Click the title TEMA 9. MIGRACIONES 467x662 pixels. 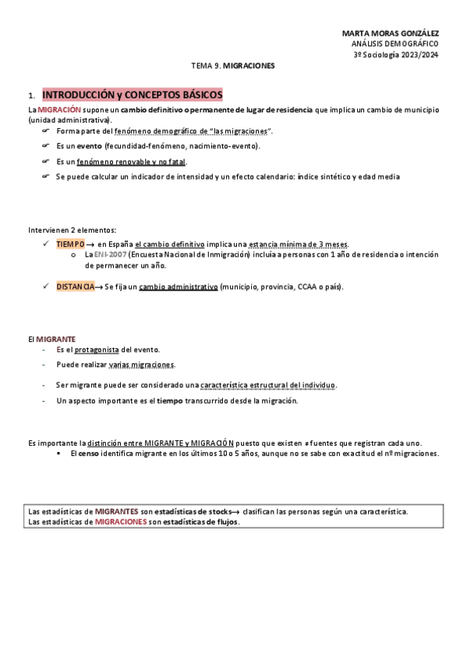[x=233, y=66]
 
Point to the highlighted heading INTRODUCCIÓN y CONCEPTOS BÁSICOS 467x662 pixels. [x=132, y=94]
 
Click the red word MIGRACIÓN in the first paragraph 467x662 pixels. [x=59, y=110]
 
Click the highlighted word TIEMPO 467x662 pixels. [x=70, y=244]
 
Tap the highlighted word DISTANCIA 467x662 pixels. [x=75, y=287]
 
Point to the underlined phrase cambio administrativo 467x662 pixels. [x=178, y=287]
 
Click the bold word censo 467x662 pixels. [x=88, y=453]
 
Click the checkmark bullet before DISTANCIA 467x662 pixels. [x=48, y=287]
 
